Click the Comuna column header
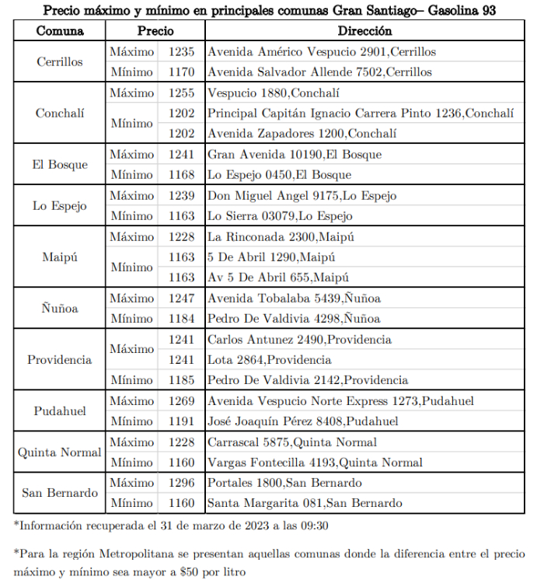pyautogui.click(x=60, y=32)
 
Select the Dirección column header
pyautogui.click(x=364, y=32)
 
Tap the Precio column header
pyautogui.click(x=155, y=32)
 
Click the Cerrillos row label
pyautogui.click(x=60, y=62)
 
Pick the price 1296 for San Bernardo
pyautogui.click(x=181, y=483)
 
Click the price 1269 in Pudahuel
pyautogui.click(x=181, y=401)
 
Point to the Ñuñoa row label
pyautogui.click(x=60, y=309)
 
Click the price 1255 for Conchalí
pyautogui.click(x=181, y=93)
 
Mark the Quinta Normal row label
pyautogui.click(x=60, y=452)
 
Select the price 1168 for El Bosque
pyautogui.click(x=181, y=175)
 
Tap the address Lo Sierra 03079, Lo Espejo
pyautogui.click(x=280, y=216)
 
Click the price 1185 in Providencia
pyautogui.click(x=181, y=381)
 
